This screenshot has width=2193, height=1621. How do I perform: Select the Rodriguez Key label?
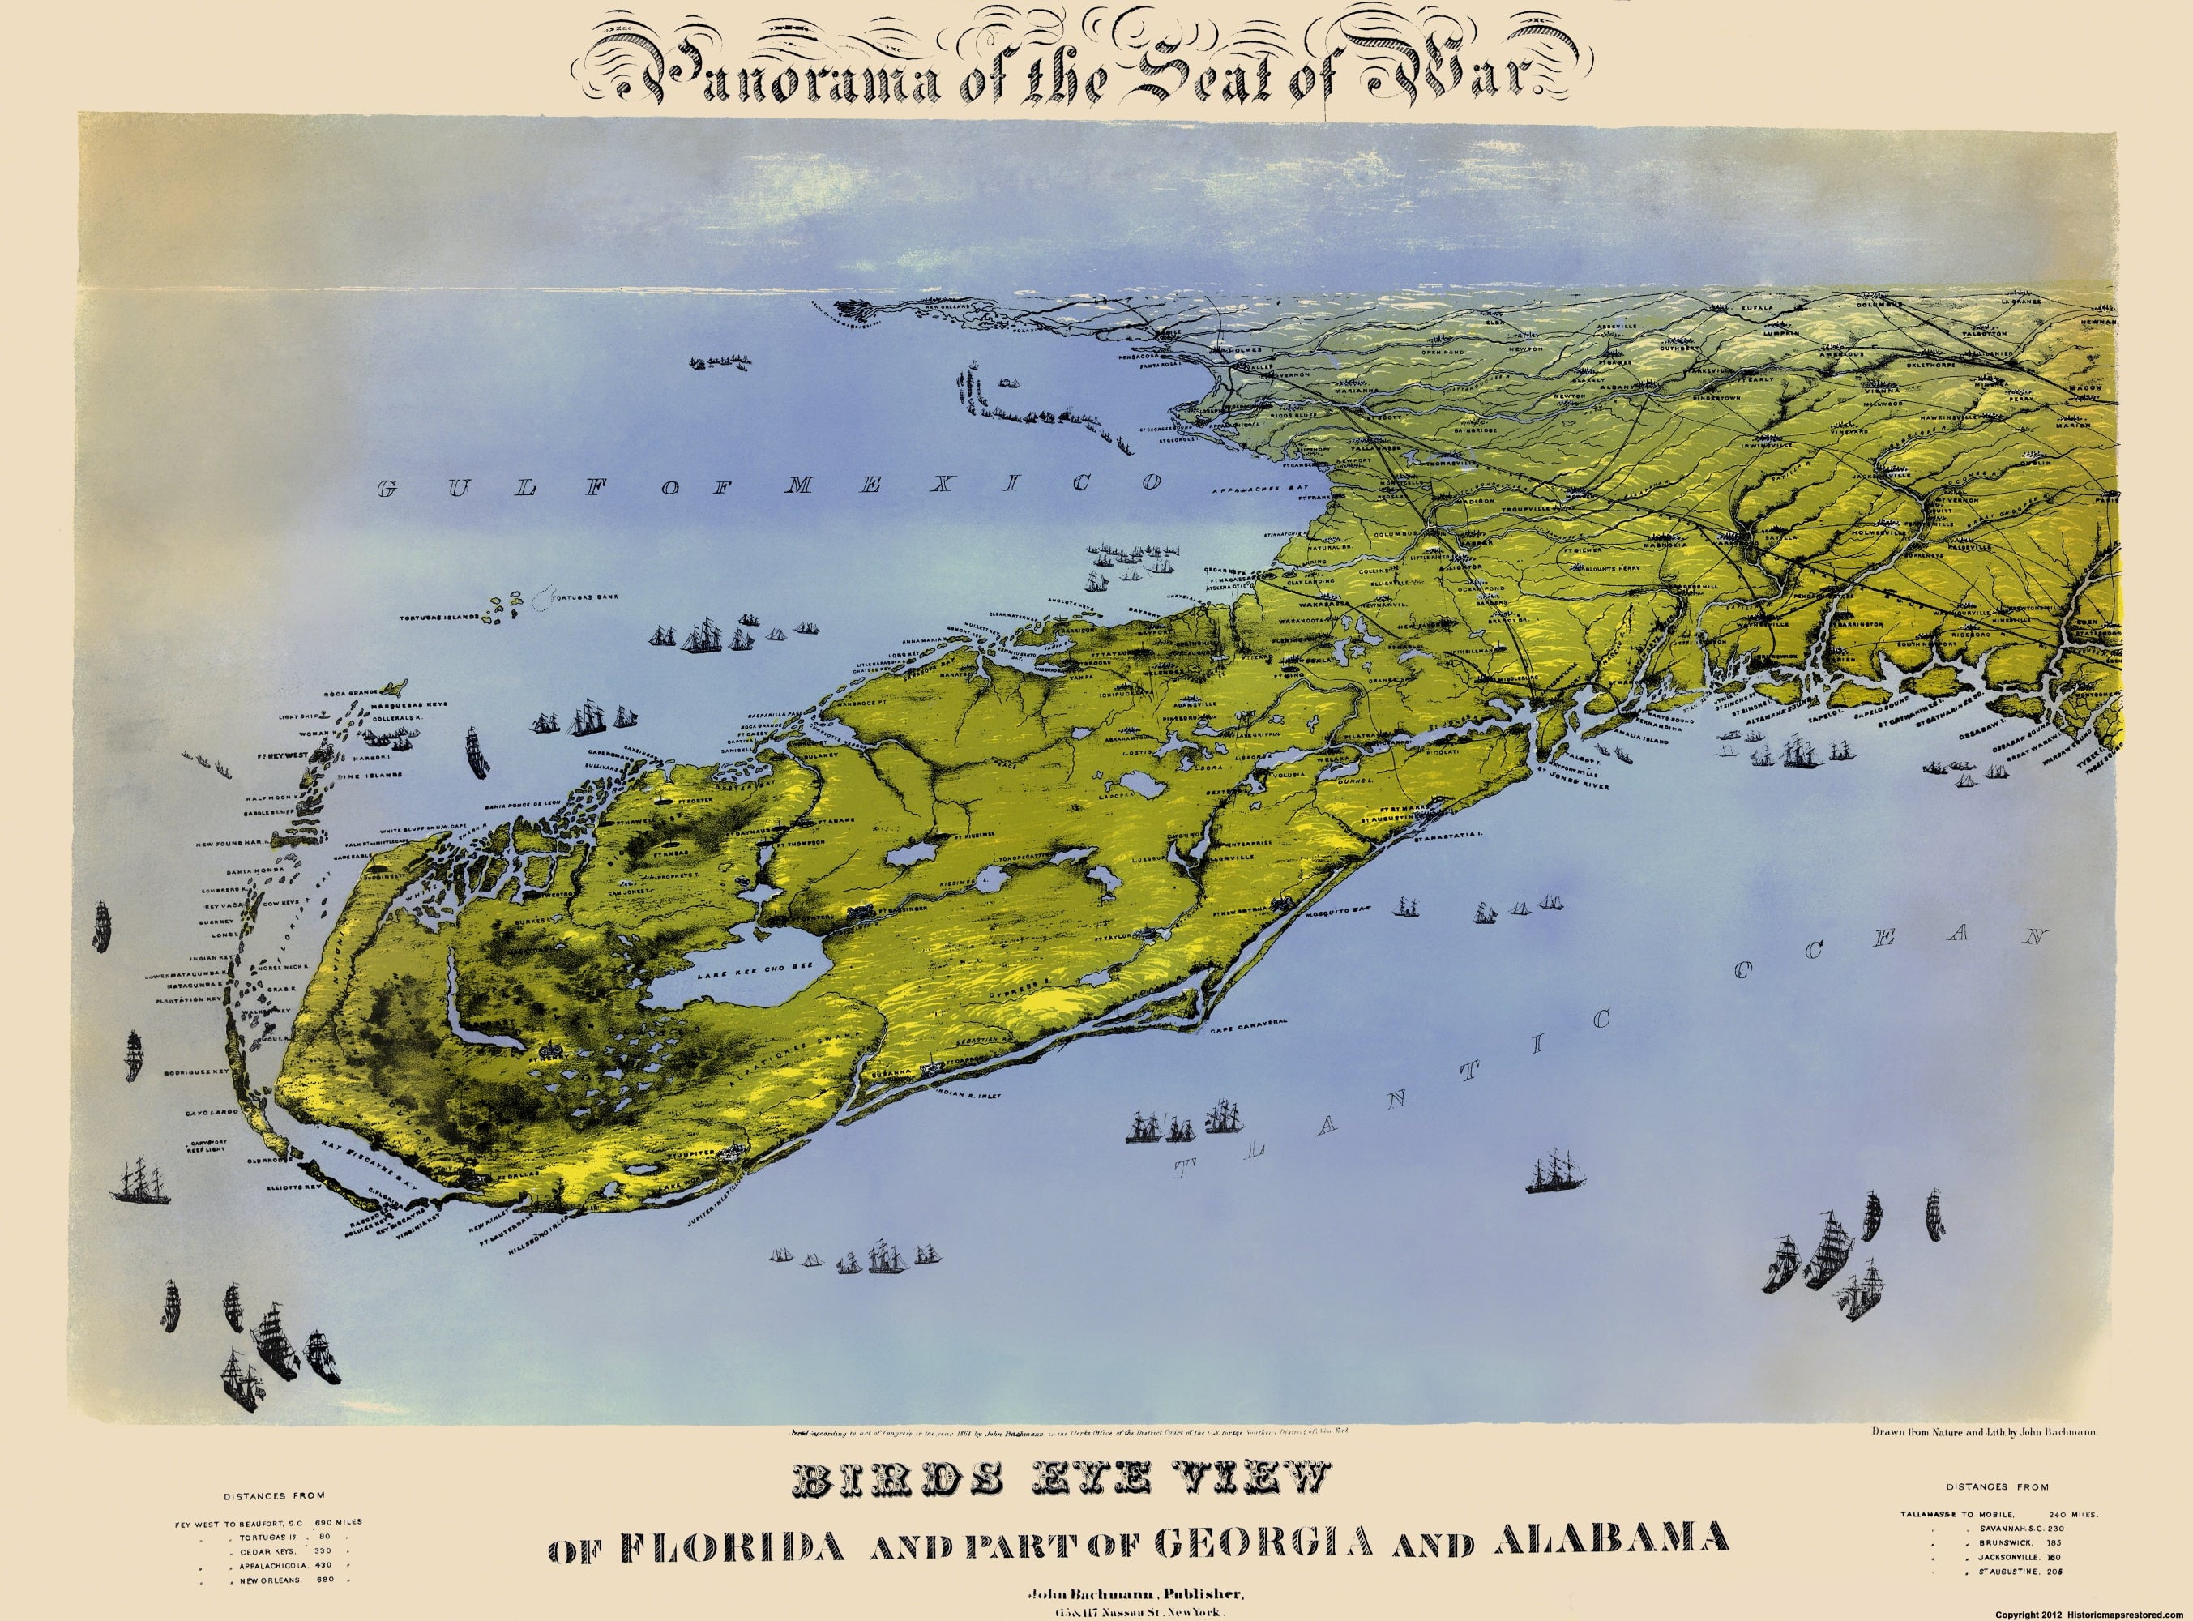point(197,1071)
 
